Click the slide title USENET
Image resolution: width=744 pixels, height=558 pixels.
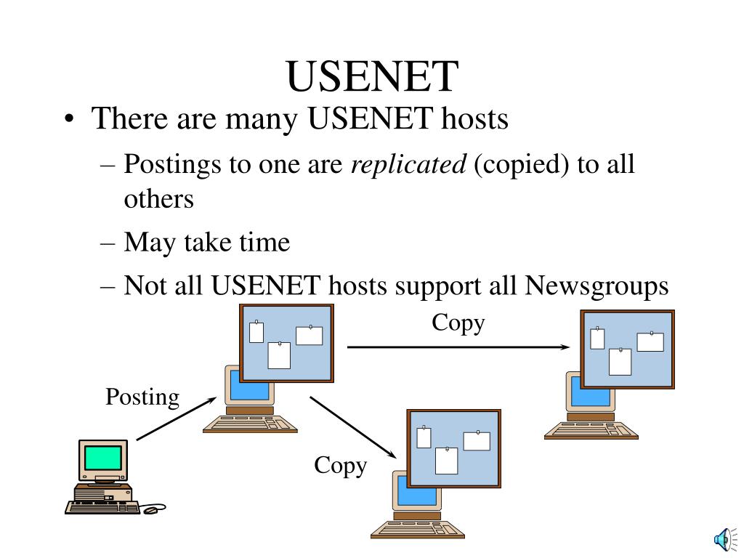[x=372, y=77]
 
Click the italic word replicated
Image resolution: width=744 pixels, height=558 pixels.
[x=408, y=165]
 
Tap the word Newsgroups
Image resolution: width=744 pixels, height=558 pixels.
[x=596, y=286]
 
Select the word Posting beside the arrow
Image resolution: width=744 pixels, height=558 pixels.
[x=142, y=397]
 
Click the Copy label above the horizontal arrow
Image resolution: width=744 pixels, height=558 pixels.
[x=458, y=322]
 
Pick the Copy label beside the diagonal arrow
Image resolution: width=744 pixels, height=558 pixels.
[x=340, y=466]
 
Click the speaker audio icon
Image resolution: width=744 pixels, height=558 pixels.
[x=722, y=538]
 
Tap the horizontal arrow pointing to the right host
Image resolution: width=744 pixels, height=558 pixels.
[x=458, y=347]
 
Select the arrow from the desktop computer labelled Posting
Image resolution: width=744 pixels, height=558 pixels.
[x=176, y=418]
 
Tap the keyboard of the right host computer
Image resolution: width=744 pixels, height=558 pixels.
[x=591, y=431]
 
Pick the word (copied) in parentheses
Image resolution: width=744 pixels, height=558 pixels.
[x=522, y=165]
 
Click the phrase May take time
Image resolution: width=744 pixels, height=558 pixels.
[x=207, y=242]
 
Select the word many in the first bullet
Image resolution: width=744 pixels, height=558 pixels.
[x=263, y=118]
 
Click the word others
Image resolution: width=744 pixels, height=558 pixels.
[x=158, y=199]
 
